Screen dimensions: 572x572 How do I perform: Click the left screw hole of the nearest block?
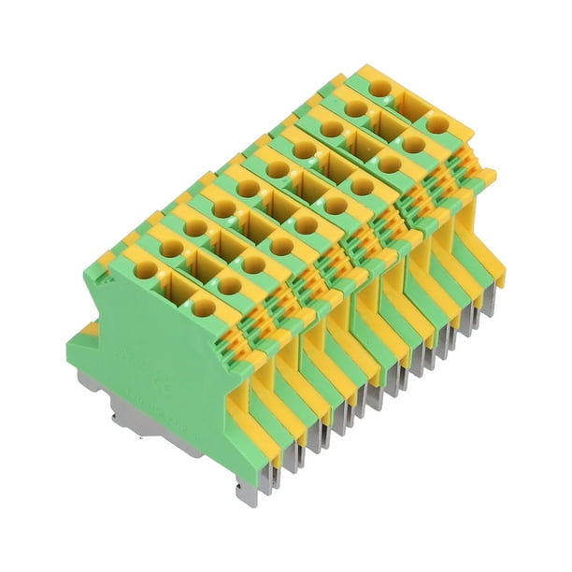point(146,270)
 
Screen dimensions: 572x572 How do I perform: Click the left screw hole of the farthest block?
point(379,89)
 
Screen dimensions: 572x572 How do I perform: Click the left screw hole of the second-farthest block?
point(354,107)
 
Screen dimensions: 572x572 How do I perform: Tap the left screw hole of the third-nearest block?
point(194,228)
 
